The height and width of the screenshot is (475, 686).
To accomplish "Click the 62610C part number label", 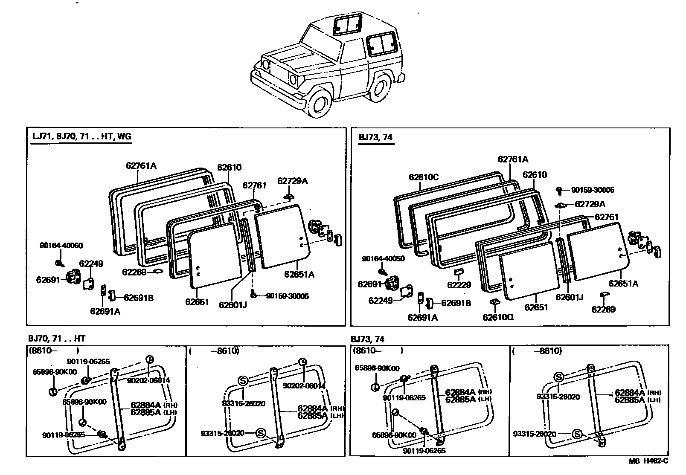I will (423, 177).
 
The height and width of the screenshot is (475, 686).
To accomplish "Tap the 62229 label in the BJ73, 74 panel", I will (459, 285).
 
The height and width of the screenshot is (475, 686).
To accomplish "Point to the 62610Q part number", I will (498, 317).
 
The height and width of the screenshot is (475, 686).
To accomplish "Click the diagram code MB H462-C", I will (648, 461).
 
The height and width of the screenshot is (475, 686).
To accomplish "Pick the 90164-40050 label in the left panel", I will (61, 246).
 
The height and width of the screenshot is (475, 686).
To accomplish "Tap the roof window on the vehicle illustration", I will (347, 24).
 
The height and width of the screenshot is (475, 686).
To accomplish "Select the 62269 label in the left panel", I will (134, 272).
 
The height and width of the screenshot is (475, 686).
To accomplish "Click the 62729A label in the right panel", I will (590, 204).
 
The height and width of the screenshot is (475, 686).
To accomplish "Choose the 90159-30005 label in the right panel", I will (593, 190).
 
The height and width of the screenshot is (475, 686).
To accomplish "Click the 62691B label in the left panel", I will (138, 298).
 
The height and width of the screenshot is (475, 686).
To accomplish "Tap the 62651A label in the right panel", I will (623, 284).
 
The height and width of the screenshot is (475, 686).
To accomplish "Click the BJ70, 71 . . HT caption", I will (57, 339).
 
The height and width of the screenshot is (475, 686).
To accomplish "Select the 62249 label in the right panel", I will (381, 301).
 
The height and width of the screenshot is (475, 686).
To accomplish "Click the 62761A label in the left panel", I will (141, 165).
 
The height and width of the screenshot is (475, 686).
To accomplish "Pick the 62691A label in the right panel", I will (422, 317).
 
